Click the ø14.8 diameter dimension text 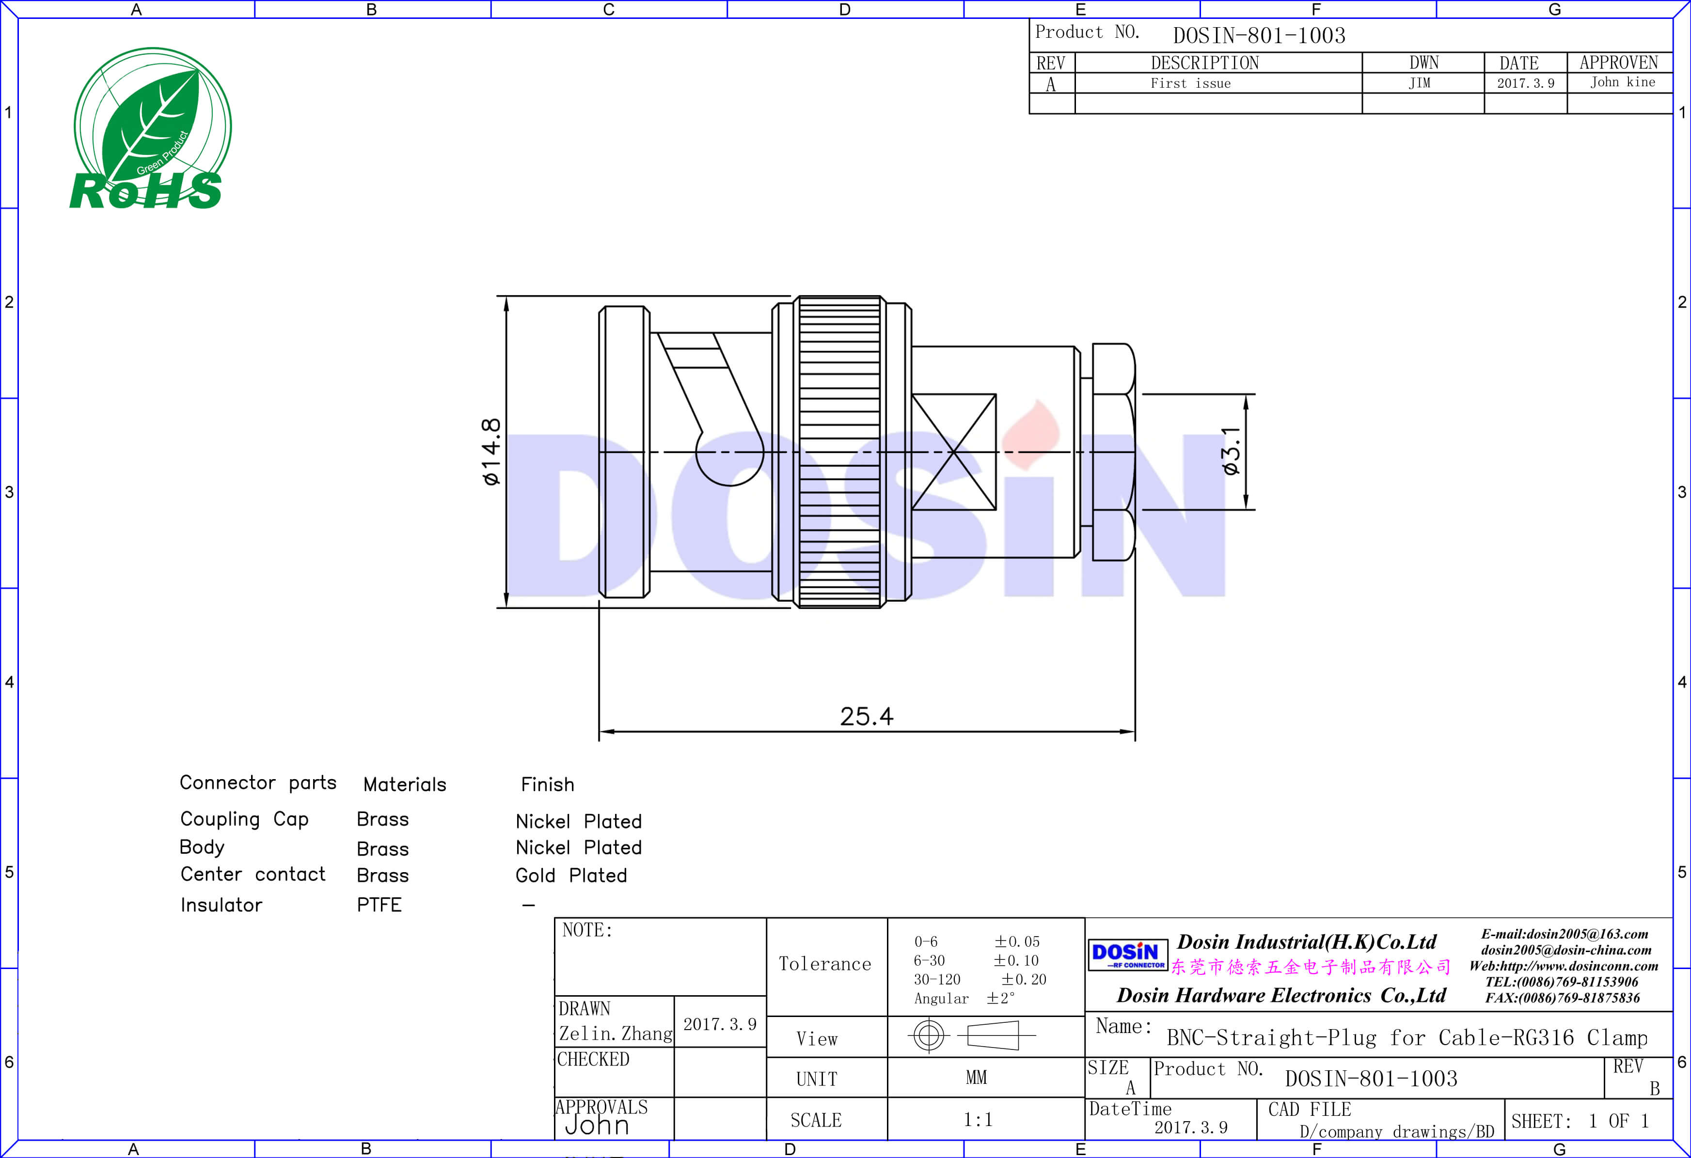coord(492,452)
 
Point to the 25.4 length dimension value coord(866,717)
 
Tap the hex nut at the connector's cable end coord(1113,452)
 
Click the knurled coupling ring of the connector coord(841,452)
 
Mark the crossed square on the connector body coord(953,452)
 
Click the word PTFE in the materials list coord(379,905)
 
